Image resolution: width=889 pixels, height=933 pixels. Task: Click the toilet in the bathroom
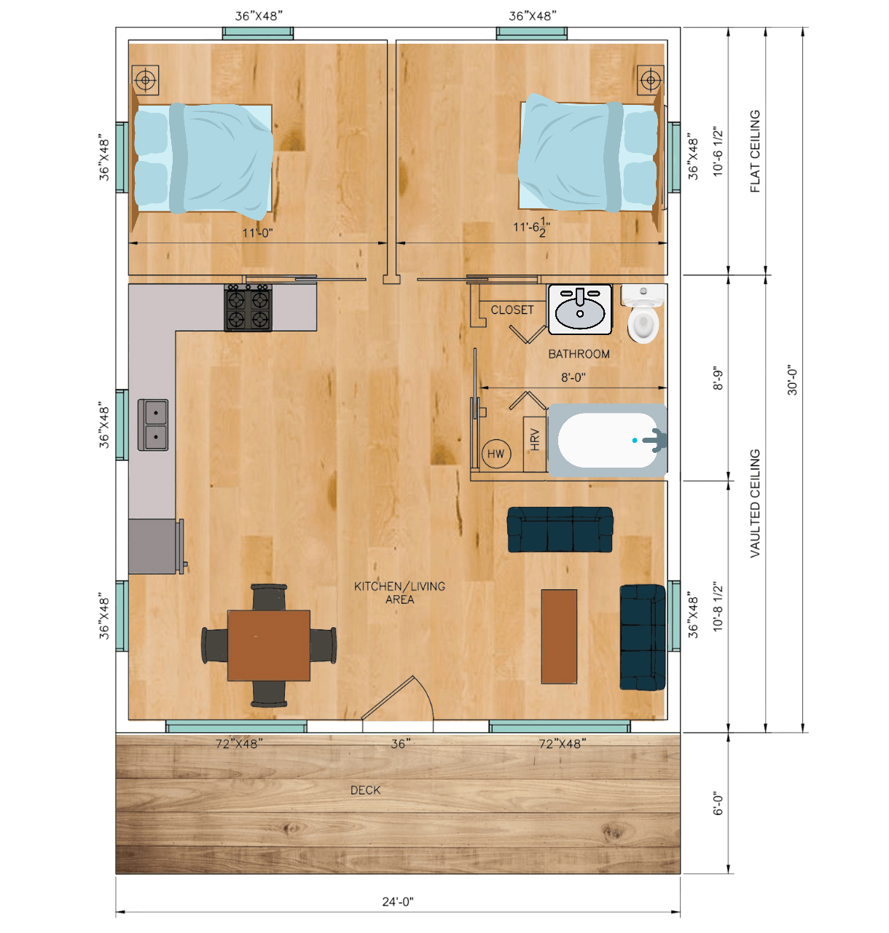tap(643, 312)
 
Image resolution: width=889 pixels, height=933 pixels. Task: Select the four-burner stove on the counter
tap(248, 307)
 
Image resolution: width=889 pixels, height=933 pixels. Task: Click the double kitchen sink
tap(153, 425)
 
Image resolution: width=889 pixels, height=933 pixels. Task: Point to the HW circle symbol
tap(496, 454)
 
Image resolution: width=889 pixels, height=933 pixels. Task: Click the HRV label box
tap(535, 444)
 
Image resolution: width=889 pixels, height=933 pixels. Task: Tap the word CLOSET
tap(512, 310)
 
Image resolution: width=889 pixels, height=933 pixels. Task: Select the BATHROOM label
tap(579, 354)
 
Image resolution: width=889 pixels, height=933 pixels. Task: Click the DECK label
tap(365, 790)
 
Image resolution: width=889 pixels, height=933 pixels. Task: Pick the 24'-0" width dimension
tap(398, 902)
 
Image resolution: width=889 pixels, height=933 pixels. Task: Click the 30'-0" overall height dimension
tap(791, 380)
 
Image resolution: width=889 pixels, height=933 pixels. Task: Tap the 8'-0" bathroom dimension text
tap(573, 377)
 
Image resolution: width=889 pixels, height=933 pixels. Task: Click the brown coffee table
tap(559, 637)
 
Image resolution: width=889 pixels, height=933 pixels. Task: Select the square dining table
tap(269, 645)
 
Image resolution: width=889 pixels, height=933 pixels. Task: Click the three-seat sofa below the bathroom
tap(560, 530)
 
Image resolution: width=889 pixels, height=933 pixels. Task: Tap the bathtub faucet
tap(654, 440)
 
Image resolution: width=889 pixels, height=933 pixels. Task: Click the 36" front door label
tap(401, 744)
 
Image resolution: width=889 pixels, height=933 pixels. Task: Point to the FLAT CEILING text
tap(755, 151)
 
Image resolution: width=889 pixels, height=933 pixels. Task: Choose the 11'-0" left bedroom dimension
tap(257, 233)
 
